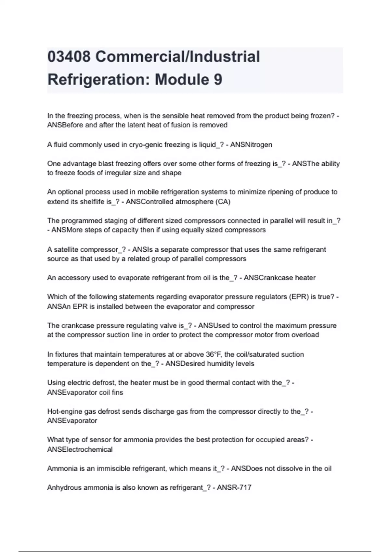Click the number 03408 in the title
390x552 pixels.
coord(69,56)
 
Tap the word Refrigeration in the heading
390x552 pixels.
coord(98,80)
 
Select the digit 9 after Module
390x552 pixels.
coord(218,80)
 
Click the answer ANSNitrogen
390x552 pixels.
coord(251,144)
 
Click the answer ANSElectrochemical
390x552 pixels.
coord(80,449)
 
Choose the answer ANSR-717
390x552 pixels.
coord(234,487)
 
